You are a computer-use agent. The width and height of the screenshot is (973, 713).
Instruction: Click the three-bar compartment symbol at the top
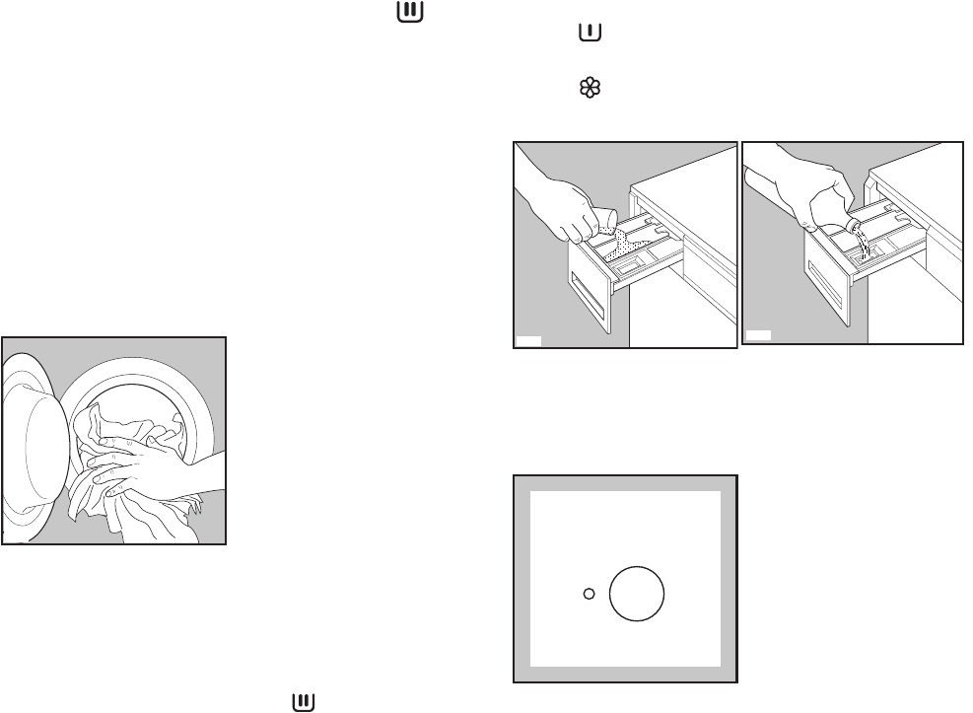coord(405,12)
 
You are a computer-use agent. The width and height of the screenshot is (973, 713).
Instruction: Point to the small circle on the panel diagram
coord(589,594)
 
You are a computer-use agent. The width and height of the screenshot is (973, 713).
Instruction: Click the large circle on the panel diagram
coord(637,594)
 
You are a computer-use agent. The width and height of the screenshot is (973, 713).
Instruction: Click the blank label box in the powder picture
coord(528,341)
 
